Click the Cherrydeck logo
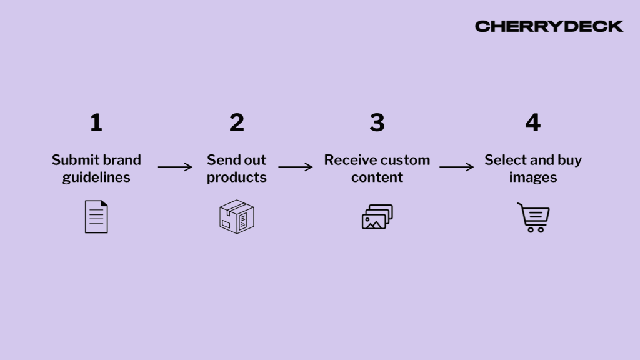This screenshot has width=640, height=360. click(549, 26)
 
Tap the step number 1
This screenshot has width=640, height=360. click(96, 122)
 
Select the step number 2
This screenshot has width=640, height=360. click(236, 122)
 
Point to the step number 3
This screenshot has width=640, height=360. click(377, 122)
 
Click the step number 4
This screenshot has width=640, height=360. click(532, 122)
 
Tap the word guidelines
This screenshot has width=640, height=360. click(96, 177)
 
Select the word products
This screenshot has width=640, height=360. click(236, 177)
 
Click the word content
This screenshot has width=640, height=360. click(377, 177)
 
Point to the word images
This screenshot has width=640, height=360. click(532, 177)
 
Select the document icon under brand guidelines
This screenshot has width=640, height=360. click(96, 217)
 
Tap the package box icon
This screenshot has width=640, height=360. click(236, 217)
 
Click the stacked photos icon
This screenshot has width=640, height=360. click(377, 217)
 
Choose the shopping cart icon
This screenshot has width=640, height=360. click(533, 217)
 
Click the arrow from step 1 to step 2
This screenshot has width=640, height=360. click(175, 167)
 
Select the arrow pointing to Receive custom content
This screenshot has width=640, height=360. click(295, 167)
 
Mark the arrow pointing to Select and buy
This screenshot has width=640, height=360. click(456, 167)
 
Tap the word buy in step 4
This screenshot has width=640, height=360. click(569, 160)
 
